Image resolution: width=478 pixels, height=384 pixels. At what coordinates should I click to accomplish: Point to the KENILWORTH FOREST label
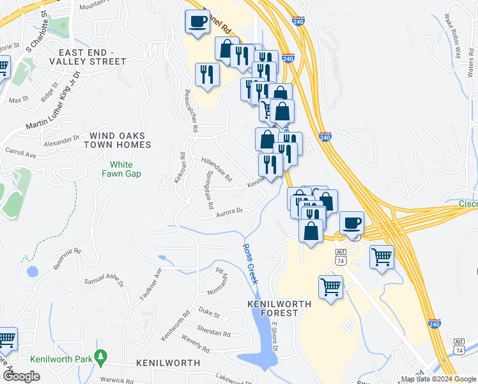(x=280, y=308)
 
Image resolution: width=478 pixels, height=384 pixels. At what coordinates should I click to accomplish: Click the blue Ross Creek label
(x=249, y=259)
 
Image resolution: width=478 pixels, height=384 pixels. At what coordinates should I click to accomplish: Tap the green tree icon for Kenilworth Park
(x=100, y=356)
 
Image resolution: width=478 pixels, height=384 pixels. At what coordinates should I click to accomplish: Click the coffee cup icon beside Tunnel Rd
(x=197, y=21)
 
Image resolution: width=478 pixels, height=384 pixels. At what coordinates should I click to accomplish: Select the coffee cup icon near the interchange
(x=351, y=223)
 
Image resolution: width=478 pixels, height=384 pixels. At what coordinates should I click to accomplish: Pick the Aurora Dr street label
(x=230, y=212)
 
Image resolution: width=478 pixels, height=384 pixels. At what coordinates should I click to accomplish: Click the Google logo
(x=21, y=376)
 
